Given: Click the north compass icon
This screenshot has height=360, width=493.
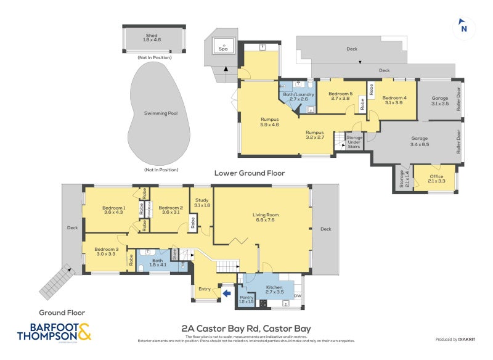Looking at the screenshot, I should [x=463, y=27].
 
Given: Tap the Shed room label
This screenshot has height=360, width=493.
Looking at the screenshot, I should [x=152, y=37].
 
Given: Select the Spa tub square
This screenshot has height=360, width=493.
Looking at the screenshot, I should [x=223, y=46].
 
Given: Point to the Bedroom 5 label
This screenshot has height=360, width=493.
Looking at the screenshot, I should [x=340, y=96].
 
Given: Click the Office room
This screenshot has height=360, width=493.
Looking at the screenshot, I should [x=436, y=178].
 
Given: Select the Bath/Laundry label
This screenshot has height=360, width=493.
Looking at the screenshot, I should [x=298, y=96].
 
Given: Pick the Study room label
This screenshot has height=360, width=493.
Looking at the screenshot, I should [x=202, y=202].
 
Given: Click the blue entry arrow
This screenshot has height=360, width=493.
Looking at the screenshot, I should [x=226, y=293].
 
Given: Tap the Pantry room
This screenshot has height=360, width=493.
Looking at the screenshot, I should [x=246, y=299].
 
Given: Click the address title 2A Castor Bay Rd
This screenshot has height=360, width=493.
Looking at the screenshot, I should [x=246, y=329].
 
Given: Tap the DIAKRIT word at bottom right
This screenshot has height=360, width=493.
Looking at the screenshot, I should [x=470, y=340].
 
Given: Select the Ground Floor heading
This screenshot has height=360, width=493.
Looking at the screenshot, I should [x=62, y=313].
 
